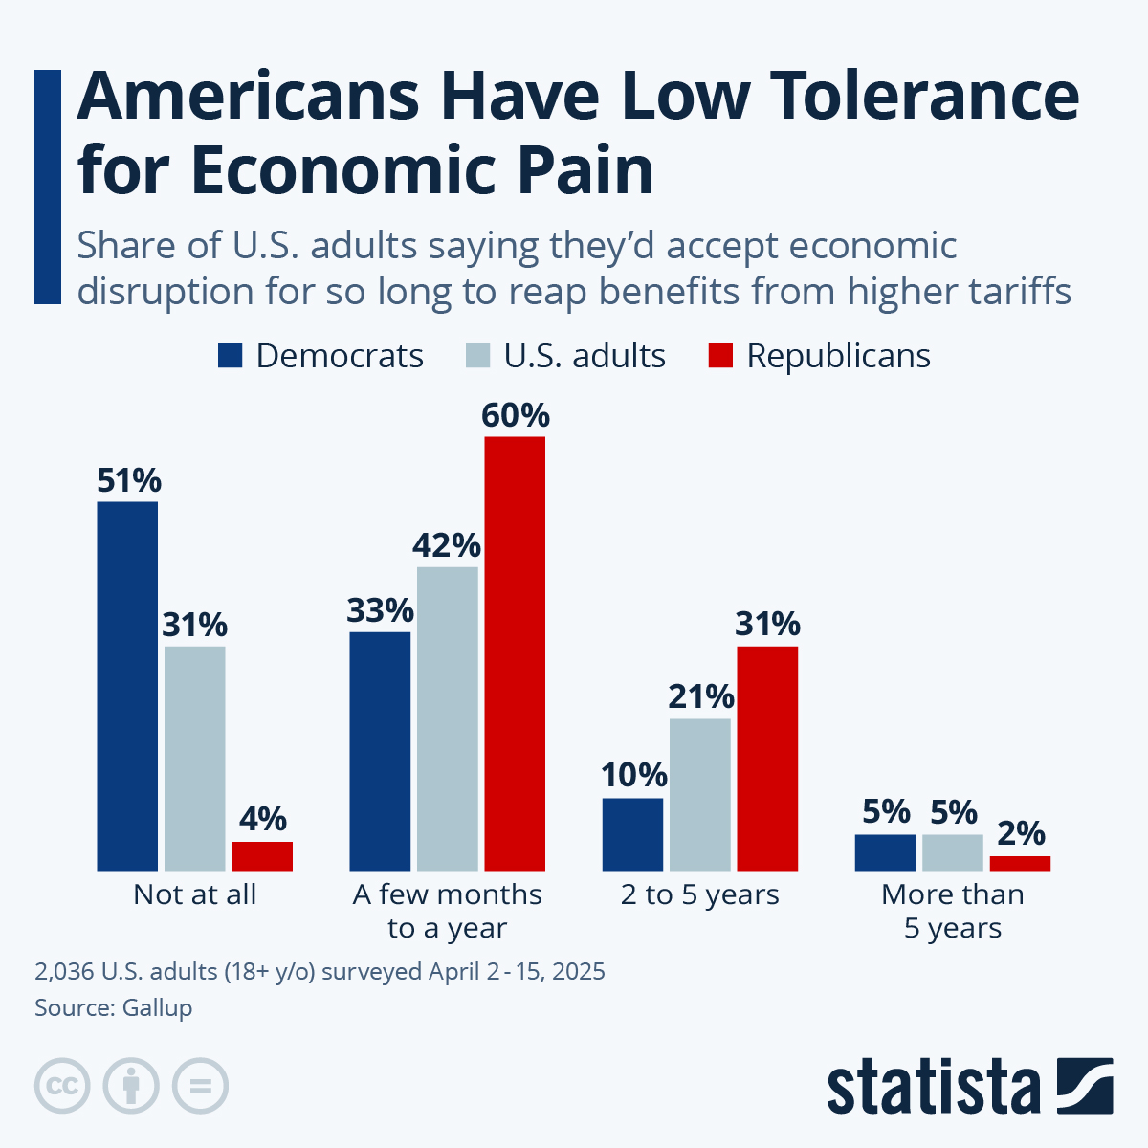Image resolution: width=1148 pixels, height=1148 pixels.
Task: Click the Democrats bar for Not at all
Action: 127,686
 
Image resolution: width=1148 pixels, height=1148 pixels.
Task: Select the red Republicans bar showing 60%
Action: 515,653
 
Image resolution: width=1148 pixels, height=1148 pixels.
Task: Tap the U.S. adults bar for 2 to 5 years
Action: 700,794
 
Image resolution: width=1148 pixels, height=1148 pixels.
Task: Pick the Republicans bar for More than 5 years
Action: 1020,863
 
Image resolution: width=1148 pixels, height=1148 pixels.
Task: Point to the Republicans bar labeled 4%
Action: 262,856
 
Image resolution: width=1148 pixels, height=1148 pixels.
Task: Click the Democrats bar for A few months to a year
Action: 380,751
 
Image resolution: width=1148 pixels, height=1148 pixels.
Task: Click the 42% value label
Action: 447,546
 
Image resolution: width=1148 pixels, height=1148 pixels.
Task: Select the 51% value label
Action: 129,480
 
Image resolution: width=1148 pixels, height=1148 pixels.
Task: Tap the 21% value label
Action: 701,697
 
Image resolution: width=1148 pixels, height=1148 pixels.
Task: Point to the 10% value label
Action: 633,776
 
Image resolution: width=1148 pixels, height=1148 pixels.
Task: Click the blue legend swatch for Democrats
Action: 231,356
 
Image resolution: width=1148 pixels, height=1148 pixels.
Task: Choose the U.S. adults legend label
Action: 585,356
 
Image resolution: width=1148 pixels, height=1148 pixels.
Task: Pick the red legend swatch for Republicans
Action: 720,356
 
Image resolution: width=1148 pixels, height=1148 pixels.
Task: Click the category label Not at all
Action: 195,894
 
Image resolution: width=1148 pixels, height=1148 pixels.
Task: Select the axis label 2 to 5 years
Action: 699,894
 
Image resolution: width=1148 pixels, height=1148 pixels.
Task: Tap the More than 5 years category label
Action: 953,911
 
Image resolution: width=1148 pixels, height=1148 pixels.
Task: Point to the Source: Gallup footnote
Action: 114,1007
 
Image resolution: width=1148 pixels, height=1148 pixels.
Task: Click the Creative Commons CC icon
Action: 63,1086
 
